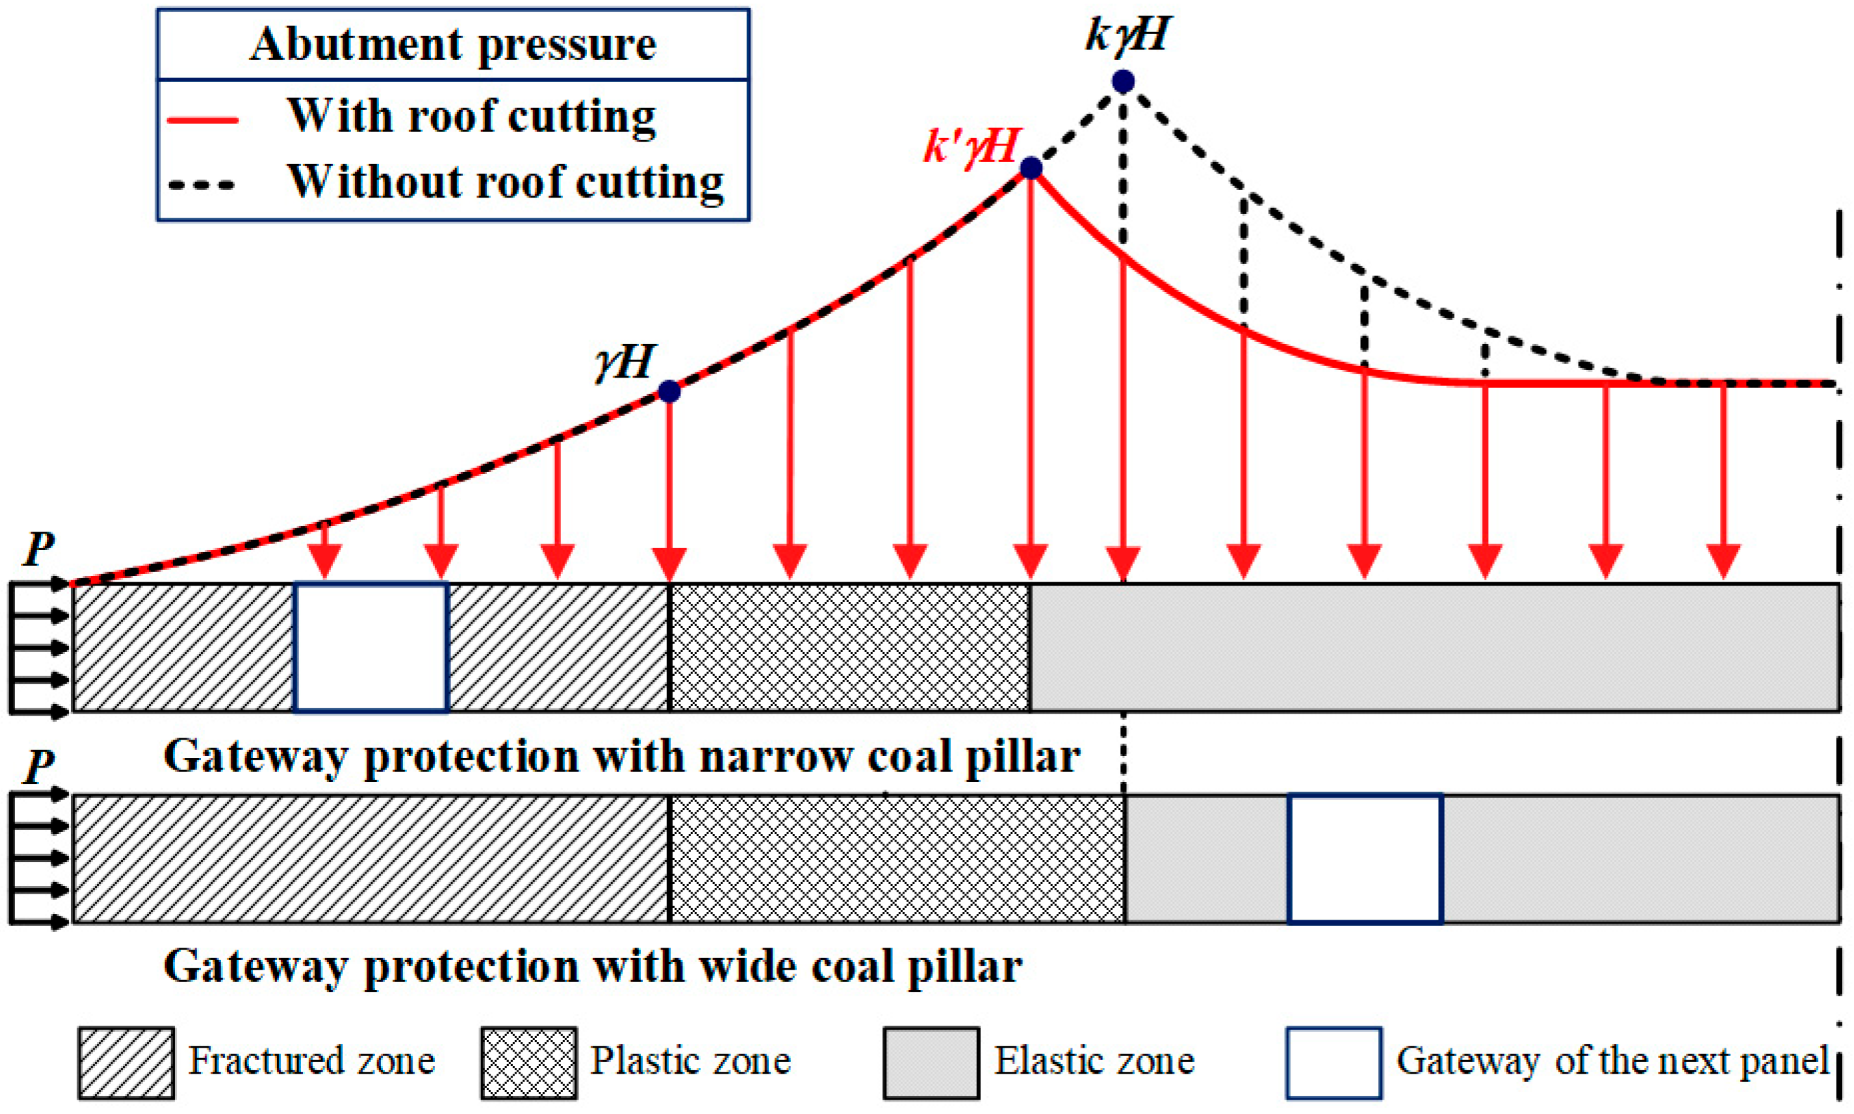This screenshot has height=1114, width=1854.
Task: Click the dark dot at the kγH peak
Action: [1123, 81]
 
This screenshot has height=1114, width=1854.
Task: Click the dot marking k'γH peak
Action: [1031, 168]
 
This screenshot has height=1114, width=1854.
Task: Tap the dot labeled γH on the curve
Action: [669, 391]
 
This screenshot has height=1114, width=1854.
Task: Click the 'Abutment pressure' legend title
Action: [453, 44]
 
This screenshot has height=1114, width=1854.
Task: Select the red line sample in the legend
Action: [202, 120]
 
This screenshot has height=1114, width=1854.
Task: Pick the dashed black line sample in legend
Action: [202, 185]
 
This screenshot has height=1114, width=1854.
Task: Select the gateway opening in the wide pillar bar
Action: [1365, 859]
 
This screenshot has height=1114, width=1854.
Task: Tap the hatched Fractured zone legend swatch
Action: [126, 1062]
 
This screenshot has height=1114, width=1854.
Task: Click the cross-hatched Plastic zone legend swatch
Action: [528, 1062]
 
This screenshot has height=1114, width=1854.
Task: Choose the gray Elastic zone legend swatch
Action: [931, 1062]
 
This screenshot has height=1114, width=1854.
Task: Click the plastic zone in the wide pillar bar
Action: [896, 859]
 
